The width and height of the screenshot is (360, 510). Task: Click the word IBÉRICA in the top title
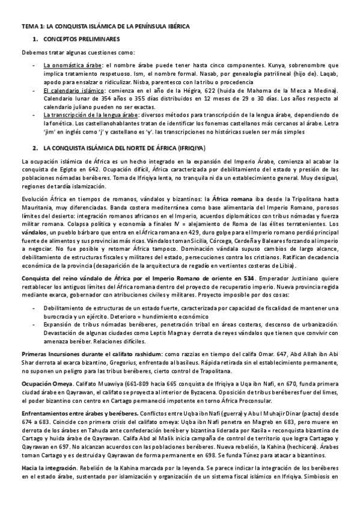175,26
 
